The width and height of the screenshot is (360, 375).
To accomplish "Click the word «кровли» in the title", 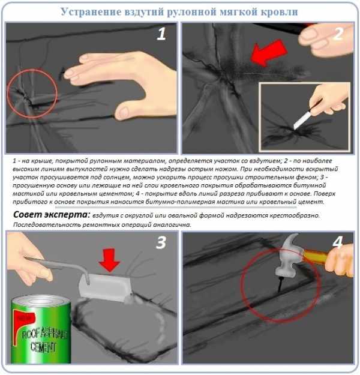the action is click(279, 11).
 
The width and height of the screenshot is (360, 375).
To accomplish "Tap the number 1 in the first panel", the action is click(161, 34).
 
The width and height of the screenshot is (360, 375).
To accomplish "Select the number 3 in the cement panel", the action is click(161, 242).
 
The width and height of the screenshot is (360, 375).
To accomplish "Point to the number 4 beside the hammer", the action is click(338, 242).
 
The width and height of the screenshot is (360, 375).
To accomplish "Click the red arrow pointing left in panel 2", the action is click(269, 53).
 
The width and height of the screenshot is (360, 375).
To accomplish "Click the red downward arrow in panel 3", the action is click(109, 260).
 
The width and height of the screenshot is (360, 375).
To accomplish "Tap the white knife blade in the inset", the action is click(302, 121).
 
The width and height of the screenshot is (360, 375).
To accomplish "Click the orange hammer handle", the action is click(315, 256).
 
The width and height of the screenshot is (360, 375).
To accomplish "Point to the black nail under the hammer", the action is click(280, 284).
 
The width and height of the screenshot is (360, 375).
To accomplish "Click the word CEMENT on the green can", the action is click(43, 347).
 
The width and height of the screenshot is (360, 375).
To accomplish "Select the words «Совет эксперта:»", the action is click(52, 215).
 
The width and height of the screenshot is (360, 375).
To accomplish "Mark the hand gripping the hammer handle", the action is click(340, 261).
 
